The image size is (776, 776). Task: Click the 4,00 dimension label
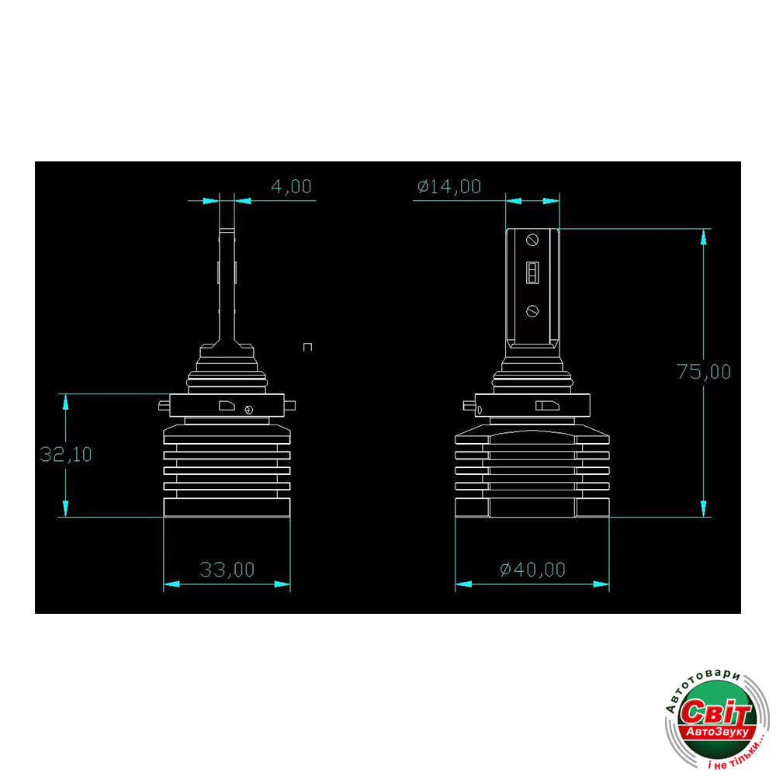[291, 186]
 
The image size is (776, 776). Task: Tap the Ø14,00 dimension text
[449, 186]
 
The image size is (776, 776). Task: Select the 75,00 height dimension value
[703, 372]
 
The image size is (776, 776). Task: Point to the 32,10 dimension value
[66, 454]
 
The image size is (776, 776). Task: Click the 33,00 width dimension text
[227, 570]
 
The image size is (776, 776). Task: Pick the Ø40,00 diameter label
[532, 570]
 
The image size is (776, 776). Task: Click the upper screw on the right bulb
[532, 240]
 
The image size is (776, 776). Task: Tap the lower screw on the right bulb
[532, 311]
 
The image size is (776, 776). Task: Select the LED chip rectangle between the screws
[532, 272]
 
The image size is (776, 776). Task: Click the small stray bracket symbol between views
[307, 347]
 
